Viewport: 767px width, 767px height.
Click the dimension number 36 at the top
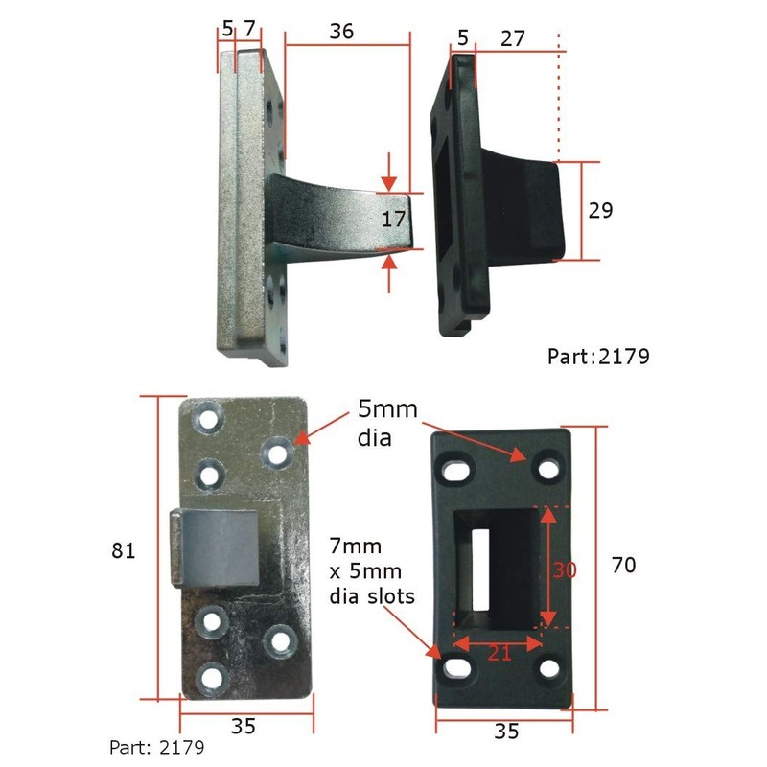tap(341, 31)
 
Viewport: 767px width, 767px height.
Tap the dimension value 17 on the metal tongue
tap(394, 219)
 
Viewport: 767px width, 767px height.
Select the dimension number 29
tap(600, 210)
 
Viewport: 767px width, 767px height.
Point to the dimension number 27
tap(512, 38)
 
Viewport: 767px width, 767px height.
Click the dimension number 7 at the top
tap(249, 29)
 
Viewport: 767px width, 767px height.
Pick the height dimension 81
tap(124, 551)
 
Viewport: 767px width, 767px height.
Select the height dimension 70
tap(623, 566)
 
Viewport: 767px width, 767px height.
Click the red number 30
tap(564, 569)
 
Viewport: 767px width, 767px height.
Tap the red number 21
tap(499, 653)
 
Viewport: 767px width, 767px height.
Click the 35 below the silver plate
tap(244, 727)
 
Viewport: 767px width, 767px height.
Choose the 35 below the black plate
tap(506, 732)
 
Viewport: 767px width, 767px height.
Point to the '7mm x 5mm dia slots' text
tap(371, 571)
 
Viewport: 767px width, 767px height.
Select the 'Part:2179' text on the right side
tap(598, 357)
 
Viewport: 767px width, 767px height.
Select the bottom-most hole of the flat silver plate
tap(212, 679)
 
